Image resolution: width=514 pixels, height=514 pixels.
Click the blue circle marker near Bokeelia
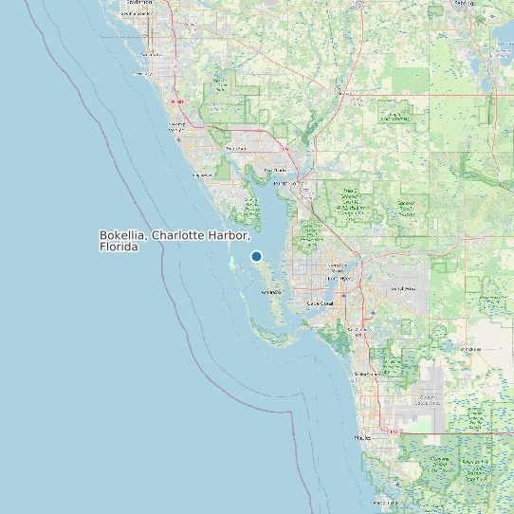coord(256,256)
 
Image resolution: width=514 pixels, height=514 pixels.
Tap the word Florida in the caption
coord(119,247)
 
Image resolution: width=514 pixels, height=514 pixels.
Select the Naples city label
coord(362,438)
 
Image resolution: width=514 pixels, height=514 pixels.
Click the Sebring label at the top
coord(464,3)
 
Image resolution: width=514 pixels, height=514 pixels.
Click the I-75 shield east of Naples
coord(392,430)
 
